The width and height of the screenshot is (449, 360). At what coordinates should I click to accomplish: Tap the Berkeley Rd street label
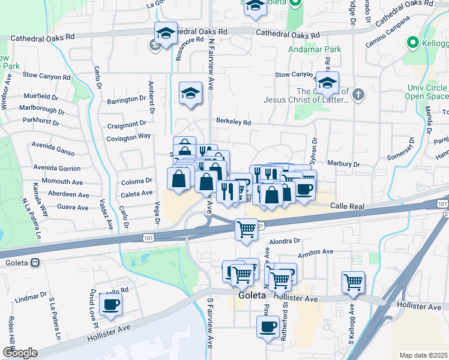[x=233, y=122]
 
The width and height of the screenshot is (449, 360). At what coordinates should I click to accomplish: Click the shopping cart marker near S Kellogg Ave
[x=353, y=282]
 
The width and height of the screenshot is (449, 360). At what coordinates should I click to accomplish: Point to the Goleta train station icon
[x=35, y=262]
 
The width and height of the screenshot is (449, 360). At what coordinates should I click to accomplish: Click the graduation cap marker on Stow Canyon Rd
[x=327, y=83]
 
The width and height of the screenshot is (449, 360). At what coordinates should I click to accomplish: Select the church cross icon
[x=358, y=94]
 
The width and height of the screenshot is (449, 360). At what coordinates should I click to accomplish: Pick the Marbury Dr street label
[x=343, y=164]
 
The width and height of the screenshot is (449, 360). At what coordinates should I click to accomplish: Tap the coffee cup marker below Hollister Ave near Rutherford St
[x=268, y=327]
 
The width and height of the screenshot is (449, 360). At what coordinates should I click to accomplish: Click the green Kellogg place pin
[x=412, y=43]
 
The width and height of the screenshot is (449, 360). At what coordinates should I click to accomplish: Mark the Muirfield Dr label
[x=41, y=96]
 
